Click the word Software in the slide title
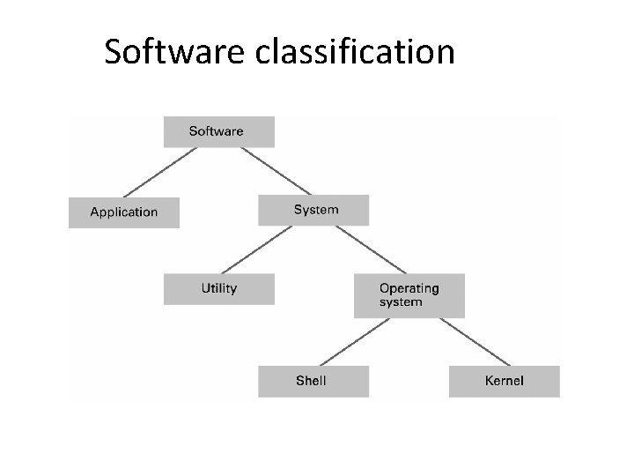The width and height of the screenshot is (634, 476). point(176,52)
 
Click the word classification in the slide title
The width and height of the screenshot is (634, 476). point(356,52)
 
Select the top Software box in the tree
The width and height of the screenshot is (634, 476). point(218,131)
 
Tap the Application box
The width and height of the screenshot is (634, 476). point(124,212)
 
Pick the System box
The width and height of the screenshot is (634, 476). point(313,210)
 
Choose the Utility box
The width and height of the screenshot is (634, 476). point(218,288)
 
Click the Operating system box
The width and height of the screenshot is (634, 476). point(409,295)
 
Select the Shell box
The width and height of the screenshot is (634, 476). point(313,381)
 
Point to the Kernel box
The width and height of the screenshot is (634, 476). point(504,381)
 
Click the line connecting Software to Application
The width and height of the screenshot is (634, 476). point(159,172)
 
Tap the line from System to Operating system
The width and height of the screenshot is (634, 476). point(371,249)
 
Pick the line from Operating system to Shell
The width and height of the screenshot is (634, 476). point(352,341)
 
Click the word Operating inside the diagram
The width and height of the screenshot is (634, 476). point(409,288)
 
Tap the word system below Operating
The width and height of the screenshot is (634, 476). point(401,302)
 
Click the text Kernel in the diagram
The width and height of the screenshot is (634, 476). point(504,381)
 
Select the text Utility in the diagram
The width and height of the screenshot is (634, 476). point(218,288)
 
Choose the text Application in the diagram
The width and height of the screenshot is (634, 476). point(124,212)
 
